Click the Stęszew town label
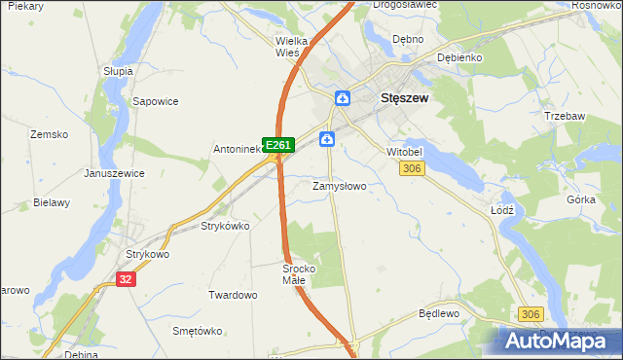405,98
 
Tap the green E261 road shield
278,145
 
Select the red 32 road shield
125,278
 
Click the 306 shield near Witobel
412,168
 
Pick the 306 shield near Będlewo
531,313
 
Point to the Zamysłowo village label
339,186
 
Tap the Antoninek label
238,150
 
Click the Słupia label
118,71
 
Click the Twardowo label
233,294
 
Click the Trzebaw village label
566,116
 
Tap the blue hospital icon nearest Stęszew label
343,98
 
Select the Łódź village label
500,209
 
